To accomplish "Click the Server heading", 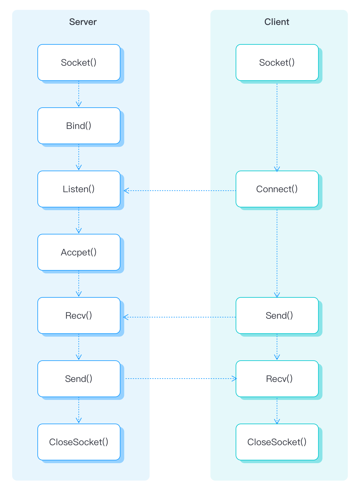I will [x=83, y=22].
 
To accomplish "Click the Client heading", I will [x=277, y=22].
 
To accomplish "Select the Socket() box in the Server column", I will [x=79, y=63].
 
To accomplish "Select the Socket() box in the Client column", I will [x=277, y=63].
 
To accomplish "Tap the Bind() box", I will [x=79, y=126].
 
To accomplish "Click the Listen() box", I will [x=79, y=189].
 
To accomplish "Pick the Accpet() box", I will [x=79, y=252].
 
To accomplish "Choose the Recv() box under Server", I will [x=79, y=316].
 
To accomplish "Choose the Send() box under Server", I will [x=79, y=379].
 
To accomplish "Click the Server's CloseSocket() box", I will [x=79, y=442].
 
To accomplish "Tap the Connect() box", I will [x=277, y=189].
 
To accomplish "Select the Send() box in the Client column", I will [x=277, y=316].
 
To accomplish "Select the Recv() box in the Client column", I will [x=277, y=379].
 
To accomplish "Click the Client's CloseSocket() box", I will [x=277, y=442].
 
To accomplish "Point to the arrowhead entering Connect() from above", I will [x=277, y=169].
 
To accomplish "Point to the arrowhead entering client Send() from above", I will [x=277, y=295].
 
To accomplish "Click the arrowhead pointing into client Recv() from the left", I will [x=234, y=379].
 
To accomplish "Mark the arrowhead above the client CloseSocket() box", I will [x=277, y=422].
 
